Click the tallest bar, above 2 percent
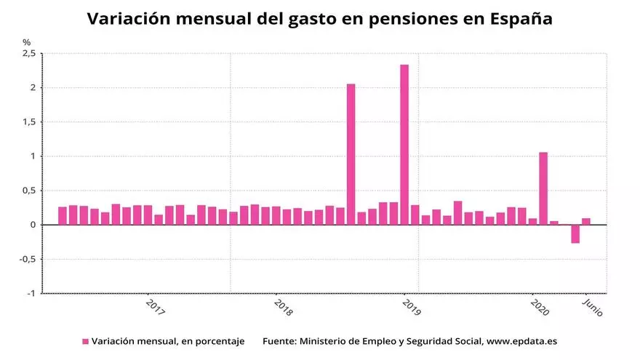pos(404,145)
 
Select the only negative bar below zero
pos(575,233)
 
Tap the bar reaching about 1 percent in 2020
pos(543,188)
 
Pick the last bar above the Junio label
pos(586,221)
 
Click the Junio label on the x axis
pos(593,306)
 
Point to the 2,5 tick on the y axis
pos(28,54)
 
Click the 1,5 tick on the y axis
pos(28,122)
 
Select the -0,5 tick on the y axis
pos(27,259)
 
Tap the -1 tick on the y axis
pos(30,293)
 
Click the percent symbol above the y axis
pos(27,42)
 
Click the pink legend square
pos(85,341)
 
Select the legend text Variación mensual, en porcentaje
pos(168,341)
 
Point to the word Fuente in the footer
pos(279,341)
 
